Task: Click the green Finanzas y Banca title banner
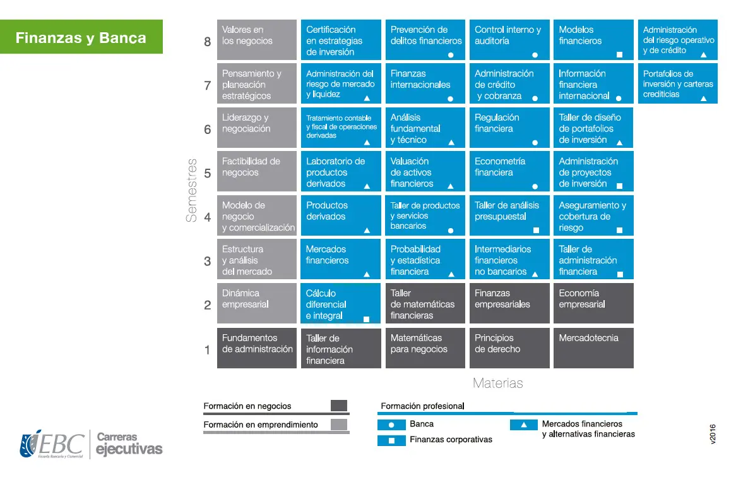[x=81, y=37]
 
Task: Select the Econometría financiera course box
[x=509, y=171]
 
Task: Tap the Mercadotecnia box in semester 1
[x=593, y=347]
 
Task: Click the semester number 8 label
[x=208, y=42]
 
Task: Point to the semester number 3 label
[x=208, y=262]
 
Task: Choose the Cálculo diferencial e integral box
[x=341, y=304]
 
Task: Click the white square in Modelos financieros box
[x=620, y=55]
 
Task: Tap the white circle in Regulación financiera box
[x=535, y=142]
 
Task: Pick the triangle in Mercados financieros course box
[x=367, y=274]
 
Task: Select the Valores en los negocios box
[x=257, y=39]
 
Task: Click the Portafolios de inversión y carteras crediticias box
[x=678, y=83]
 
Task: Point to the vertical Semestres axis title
[x=191, y=190]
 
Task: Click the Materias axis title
[x=498, y=383]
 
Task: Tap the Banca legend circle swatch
[x=391, y=425]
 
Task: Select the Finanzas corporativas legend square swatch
[x=391, y=441]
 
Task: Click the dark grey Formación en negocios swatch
[x=339, y=406]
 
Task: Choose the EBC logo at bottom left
[x=52, y=444]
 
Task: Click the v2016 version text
[x=713, y=434]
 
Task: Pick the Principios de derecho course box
[x=509, y=347]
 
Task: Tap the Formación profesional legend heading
[x=422, y=406]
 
